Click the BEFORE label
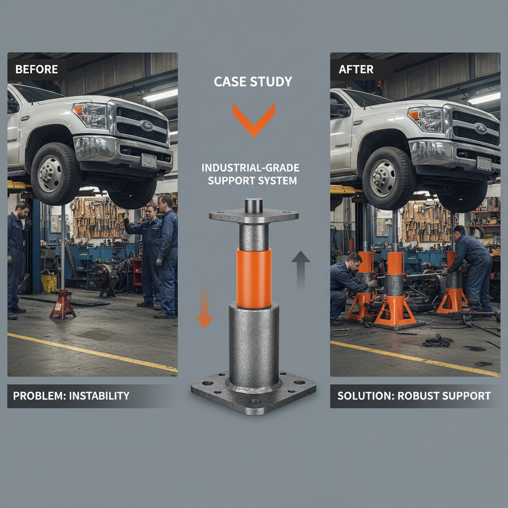[x=36, y=69]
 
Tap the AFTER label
[x=356, y=69]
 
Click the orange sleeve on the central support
[x=254, y=278]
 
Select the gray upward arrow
[x=300, y=268]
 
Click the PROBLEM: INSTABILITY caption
[x=71, y=396]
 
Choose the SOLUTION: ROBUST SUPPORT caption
[x=414, y=396]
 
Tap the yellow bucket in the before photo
[x=49, y=283]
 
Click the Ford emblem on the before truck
[x=146, y=125]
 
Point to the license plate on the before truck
[x=149, y=160]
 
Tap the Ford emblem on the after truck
[x=481, y=128]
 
